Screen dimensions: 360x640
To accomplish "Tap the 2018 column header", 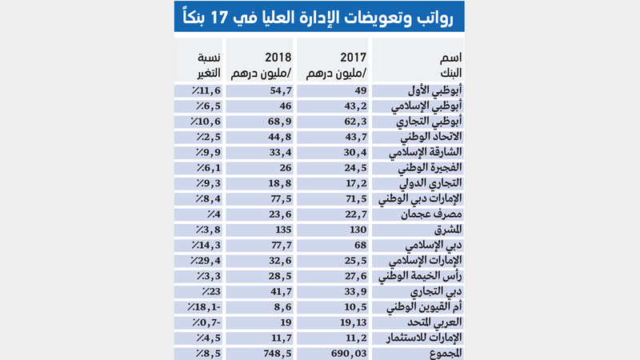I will (x=260, y=64).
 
